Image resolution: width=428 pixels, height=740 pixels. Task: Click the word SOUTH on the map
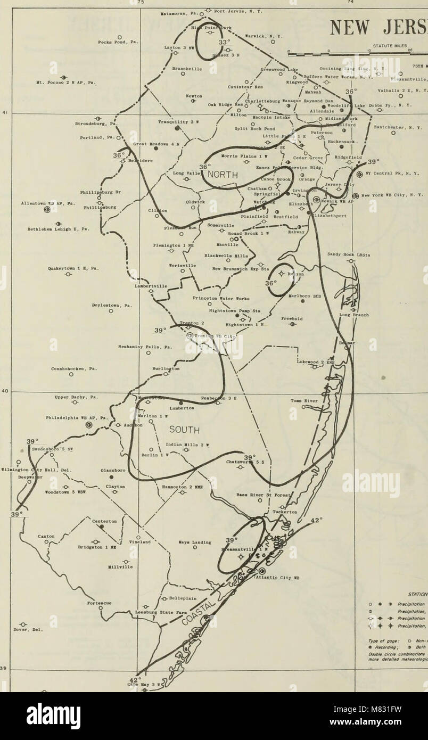click(x=185, y=430)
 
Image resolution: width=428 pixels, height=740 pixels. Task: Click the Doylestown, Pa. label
click(x=110, y=306)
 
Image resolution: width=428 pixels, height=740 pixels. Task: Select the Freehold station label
click(x=292, y=319)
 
